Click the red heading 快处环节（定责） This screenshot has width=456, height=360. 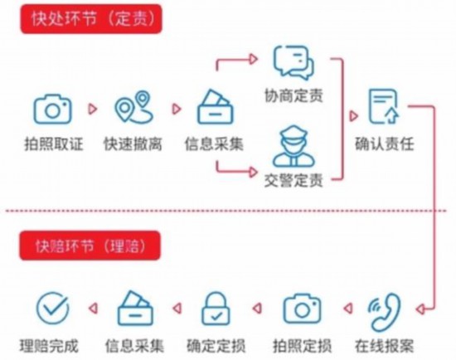pos(91,19)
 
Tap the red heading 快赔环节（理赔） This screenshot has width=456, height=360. pos(90,246)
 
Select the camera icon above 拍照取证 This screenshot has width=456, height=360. pos(52,109)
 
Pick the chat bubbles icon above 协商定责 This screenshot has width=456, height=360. pos(293,62)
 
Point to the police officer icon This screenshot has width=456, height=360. pos(293,146)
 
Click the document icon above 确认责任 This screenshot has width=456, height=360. pos(384,106)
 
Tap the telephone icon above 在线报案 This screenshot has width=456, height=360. pos(385,312)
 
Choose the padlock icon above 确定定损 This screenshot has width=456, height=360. pos(216,309)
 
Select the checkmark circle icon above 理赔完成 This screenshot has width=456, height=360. pos(52,309)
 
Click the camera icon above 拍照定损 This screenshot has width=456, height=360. pos(302,309)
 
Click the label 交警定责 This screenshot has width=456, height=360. pos(293,181)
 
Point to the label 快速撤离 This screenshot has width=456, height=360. pos(133,144)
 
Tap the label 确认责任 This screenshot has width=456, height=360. pos(385,144)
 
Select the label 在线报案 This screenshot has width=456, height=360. pos(384,346)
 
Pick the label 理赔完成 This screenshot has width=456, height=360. pos(49,346)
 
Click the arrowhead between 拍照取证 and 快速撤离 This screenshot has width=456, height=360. pos(93,109)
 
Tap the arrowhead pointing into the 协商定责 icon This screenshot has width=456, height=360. pos(254,59)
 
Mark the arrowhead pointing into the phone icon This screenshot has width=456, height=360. pos(420,309)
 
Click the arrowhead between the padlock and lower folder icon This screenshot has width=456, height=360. pos(177,309)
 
